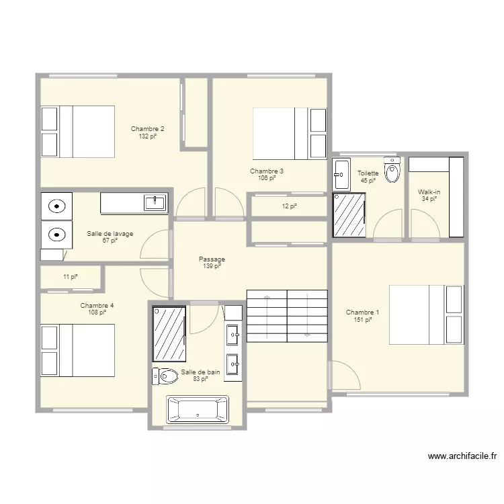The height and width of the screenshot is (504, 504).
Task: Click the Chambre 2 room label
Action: pos(148,129)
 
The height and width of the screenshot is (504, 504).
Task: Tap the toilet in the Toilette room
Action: pos(392,170)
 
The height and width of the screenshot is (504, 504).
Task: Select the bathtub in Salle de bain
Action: pos(198,409)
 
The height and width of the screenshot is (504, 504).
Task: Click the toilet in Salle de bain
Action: pos(165,376)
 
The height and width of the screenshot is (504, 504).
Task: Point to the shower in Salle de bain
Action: pos(169,334)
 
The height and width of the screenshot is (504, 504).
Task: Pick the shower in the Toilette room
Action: pos(349,215)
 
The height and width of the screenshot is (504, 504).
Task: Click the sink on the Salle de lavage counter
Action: pos(155,202)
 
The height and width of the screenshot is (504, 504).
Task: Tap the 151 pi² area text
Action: pos(363,320)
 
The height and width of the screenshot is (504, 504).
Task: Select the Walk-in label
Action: pos(429,192)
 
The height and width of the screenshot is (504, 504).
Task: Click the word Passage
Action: pos(212,259)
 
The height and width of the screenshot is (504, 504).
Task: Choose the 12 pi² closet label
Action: pos(289,206)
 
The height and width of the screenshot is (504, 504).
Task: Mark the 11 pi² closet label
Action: pos(71,277)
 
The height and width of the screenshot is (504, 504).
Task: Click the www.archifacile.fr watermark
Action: pos(462,456)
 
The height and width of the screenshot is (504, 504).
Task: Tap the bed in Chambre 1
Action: pos(427,314)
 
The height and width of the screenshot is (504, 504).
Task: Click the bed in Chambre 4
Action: pos(77,350)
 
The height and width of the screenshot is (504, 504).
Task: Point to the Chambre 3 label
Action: pos(267,171)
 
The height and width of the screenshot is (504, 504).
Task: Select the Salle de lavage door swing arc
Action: pos(149,239)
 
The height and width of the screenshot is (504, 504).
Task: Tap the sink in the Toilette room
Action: pos(341,175)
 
